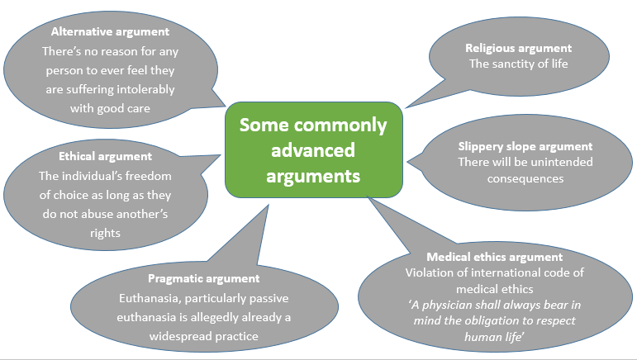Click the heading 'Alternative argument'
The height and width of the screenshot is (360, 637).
coord(110,32)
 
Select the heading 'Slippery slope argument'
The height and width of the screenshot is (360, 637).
coord(514,146)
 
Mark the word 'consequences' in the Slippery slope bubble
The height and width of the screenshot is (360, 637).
coord(525,178)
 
